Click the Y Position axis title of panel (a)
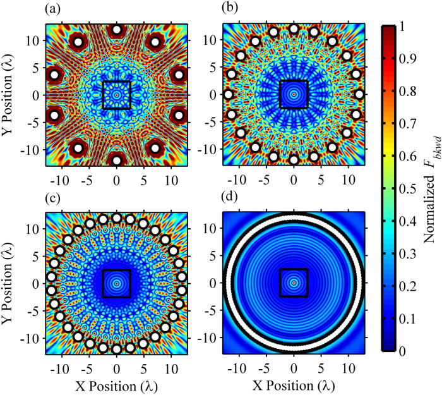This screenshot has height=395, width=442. coord(11,95)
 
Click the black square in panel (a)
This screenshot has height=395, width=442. coord(116,95)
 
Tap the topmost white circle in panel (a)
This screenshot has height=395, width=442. coord(116,29)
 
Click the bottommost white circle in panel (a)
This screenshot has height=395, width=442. coord(116,161)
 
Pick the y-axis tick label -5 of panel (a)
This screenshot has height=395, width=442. coord(37,122)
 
